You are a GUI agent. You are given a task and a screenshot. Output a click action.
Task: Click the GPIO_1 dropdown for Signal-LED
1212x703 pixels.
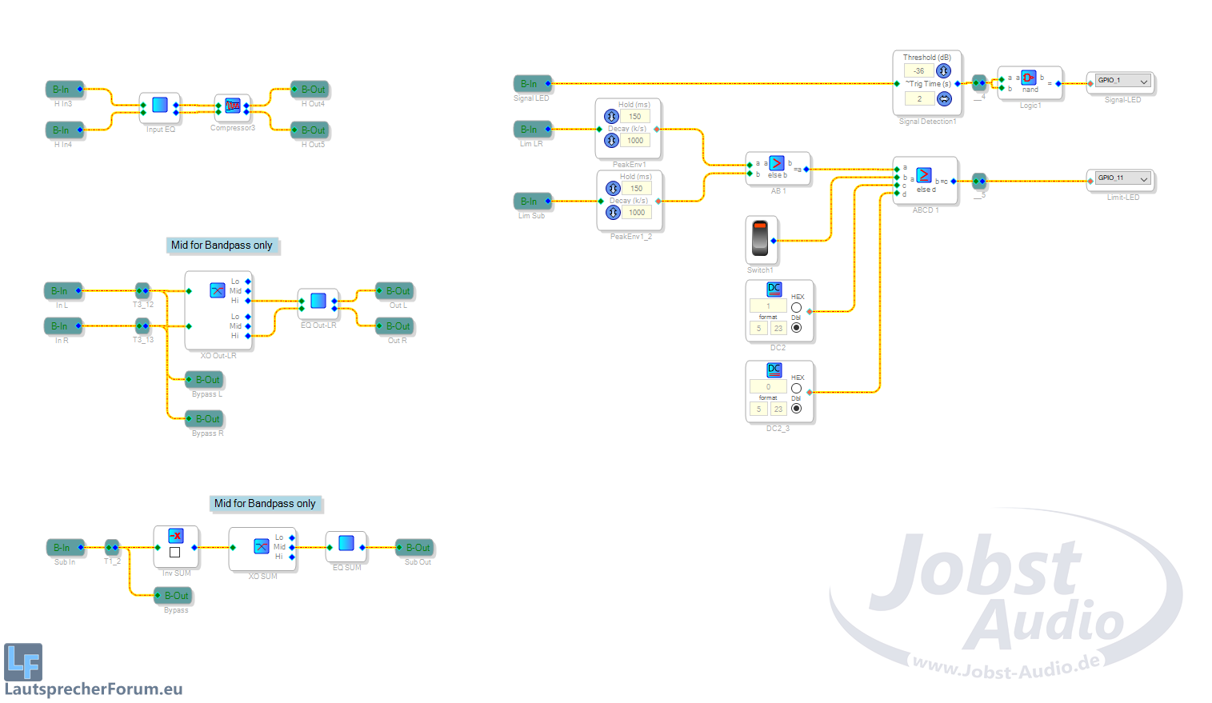[1122, 81]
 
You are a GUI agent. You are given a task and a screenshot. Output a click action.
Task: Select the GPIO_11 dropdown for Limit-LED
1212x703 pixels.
[1122, 178]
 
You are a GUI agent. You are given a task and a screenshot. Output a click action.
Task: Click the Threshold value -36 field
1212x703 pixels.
[919, 71]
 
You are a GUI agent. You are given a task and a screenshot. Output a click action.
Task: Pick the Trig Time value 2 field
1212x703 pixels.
[919, 99]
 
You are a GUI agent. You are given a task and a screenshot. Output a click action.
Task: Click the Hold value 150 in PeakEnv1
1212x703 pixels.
[635, 117]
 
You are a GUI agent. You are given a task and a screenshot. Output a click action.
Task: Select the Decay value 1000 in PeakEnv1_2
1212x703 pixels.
[637, 213]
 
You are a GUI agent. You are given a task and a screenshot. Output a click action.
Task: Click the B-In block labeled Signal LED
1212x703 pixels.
[531, 84]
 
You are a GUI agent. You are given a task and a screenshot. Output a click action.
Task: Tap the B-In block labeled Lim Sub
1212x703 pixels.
[531, 202]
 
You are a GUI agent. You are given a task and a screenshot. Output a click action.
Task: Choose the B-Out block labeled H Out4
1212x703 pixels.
[312, 90]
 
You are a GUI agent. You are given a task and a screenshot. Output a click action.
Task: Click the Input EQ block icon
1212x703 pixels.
[160, 105]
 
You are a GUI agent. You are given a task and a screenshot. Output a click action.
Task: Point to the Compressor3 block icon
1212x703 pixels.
[233, 105]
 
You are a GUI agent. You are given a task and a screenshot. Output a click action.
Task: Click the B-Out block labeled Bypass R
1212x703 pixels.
[206, 419]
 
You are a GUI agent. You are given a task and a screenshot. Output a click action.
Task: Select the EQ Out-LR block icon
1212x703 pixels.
[318, 301]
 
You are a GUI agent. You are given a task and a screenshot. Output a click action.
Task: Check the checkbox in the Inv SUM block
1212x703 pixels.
[175, 552]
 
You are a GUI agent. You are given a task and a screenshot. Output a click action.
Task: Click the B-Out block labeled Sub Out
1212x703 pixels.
[417, 548]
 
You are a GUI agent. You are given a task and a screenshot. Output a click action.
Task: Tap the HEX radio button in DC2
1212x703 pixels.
[796, 308]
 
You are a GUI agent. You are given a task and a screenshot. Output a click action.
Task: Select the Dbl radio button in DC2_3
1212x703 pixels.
[796, 409]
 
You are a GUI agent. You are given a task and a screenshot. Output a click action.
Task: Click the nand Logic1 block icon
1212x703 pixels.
[1029, 78]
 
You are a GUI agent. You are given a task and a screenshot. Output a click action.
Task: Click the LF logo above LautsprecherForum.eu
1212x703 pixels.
[23, 661]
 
